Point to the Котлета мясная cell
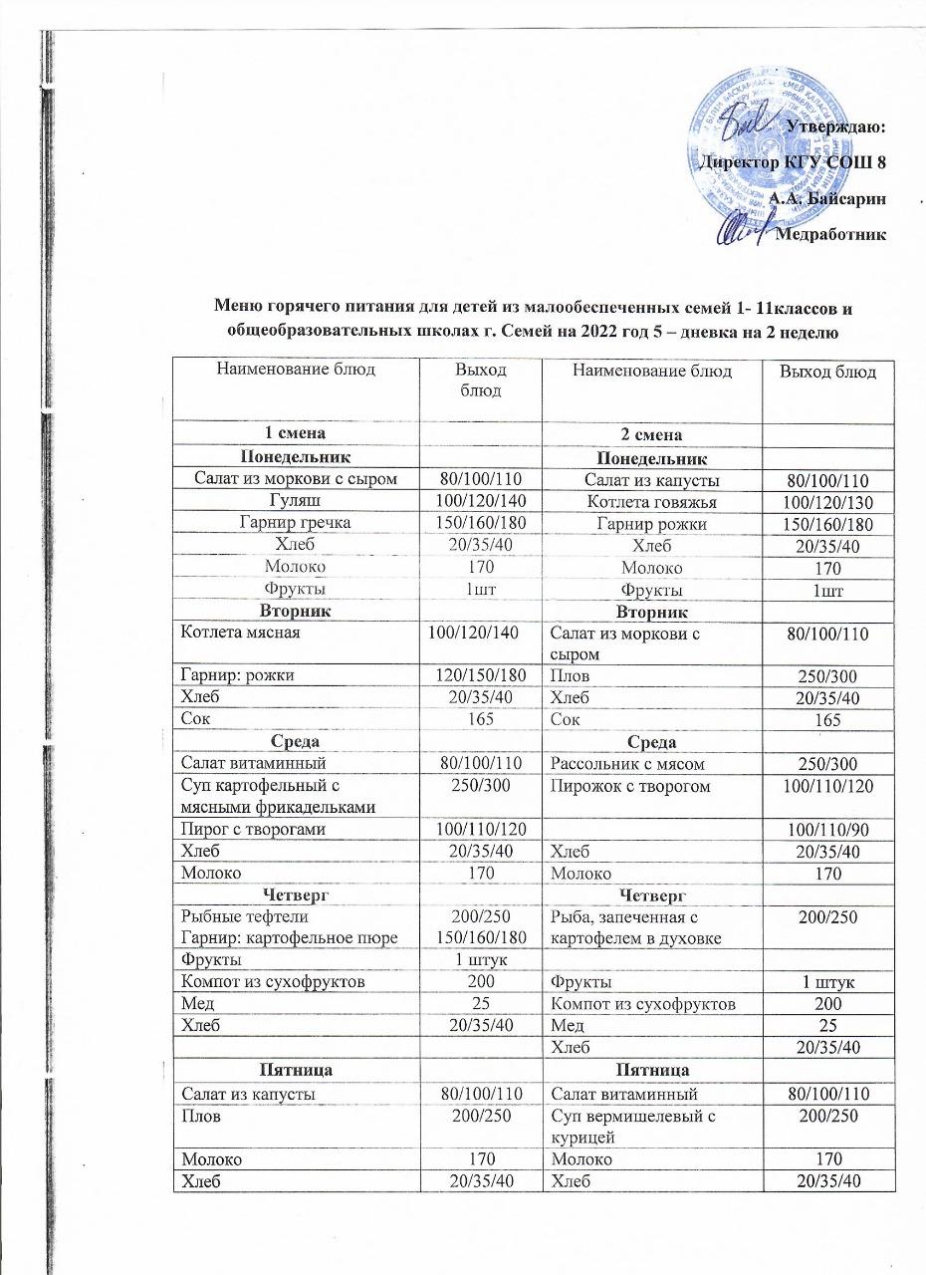point(237,632)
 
